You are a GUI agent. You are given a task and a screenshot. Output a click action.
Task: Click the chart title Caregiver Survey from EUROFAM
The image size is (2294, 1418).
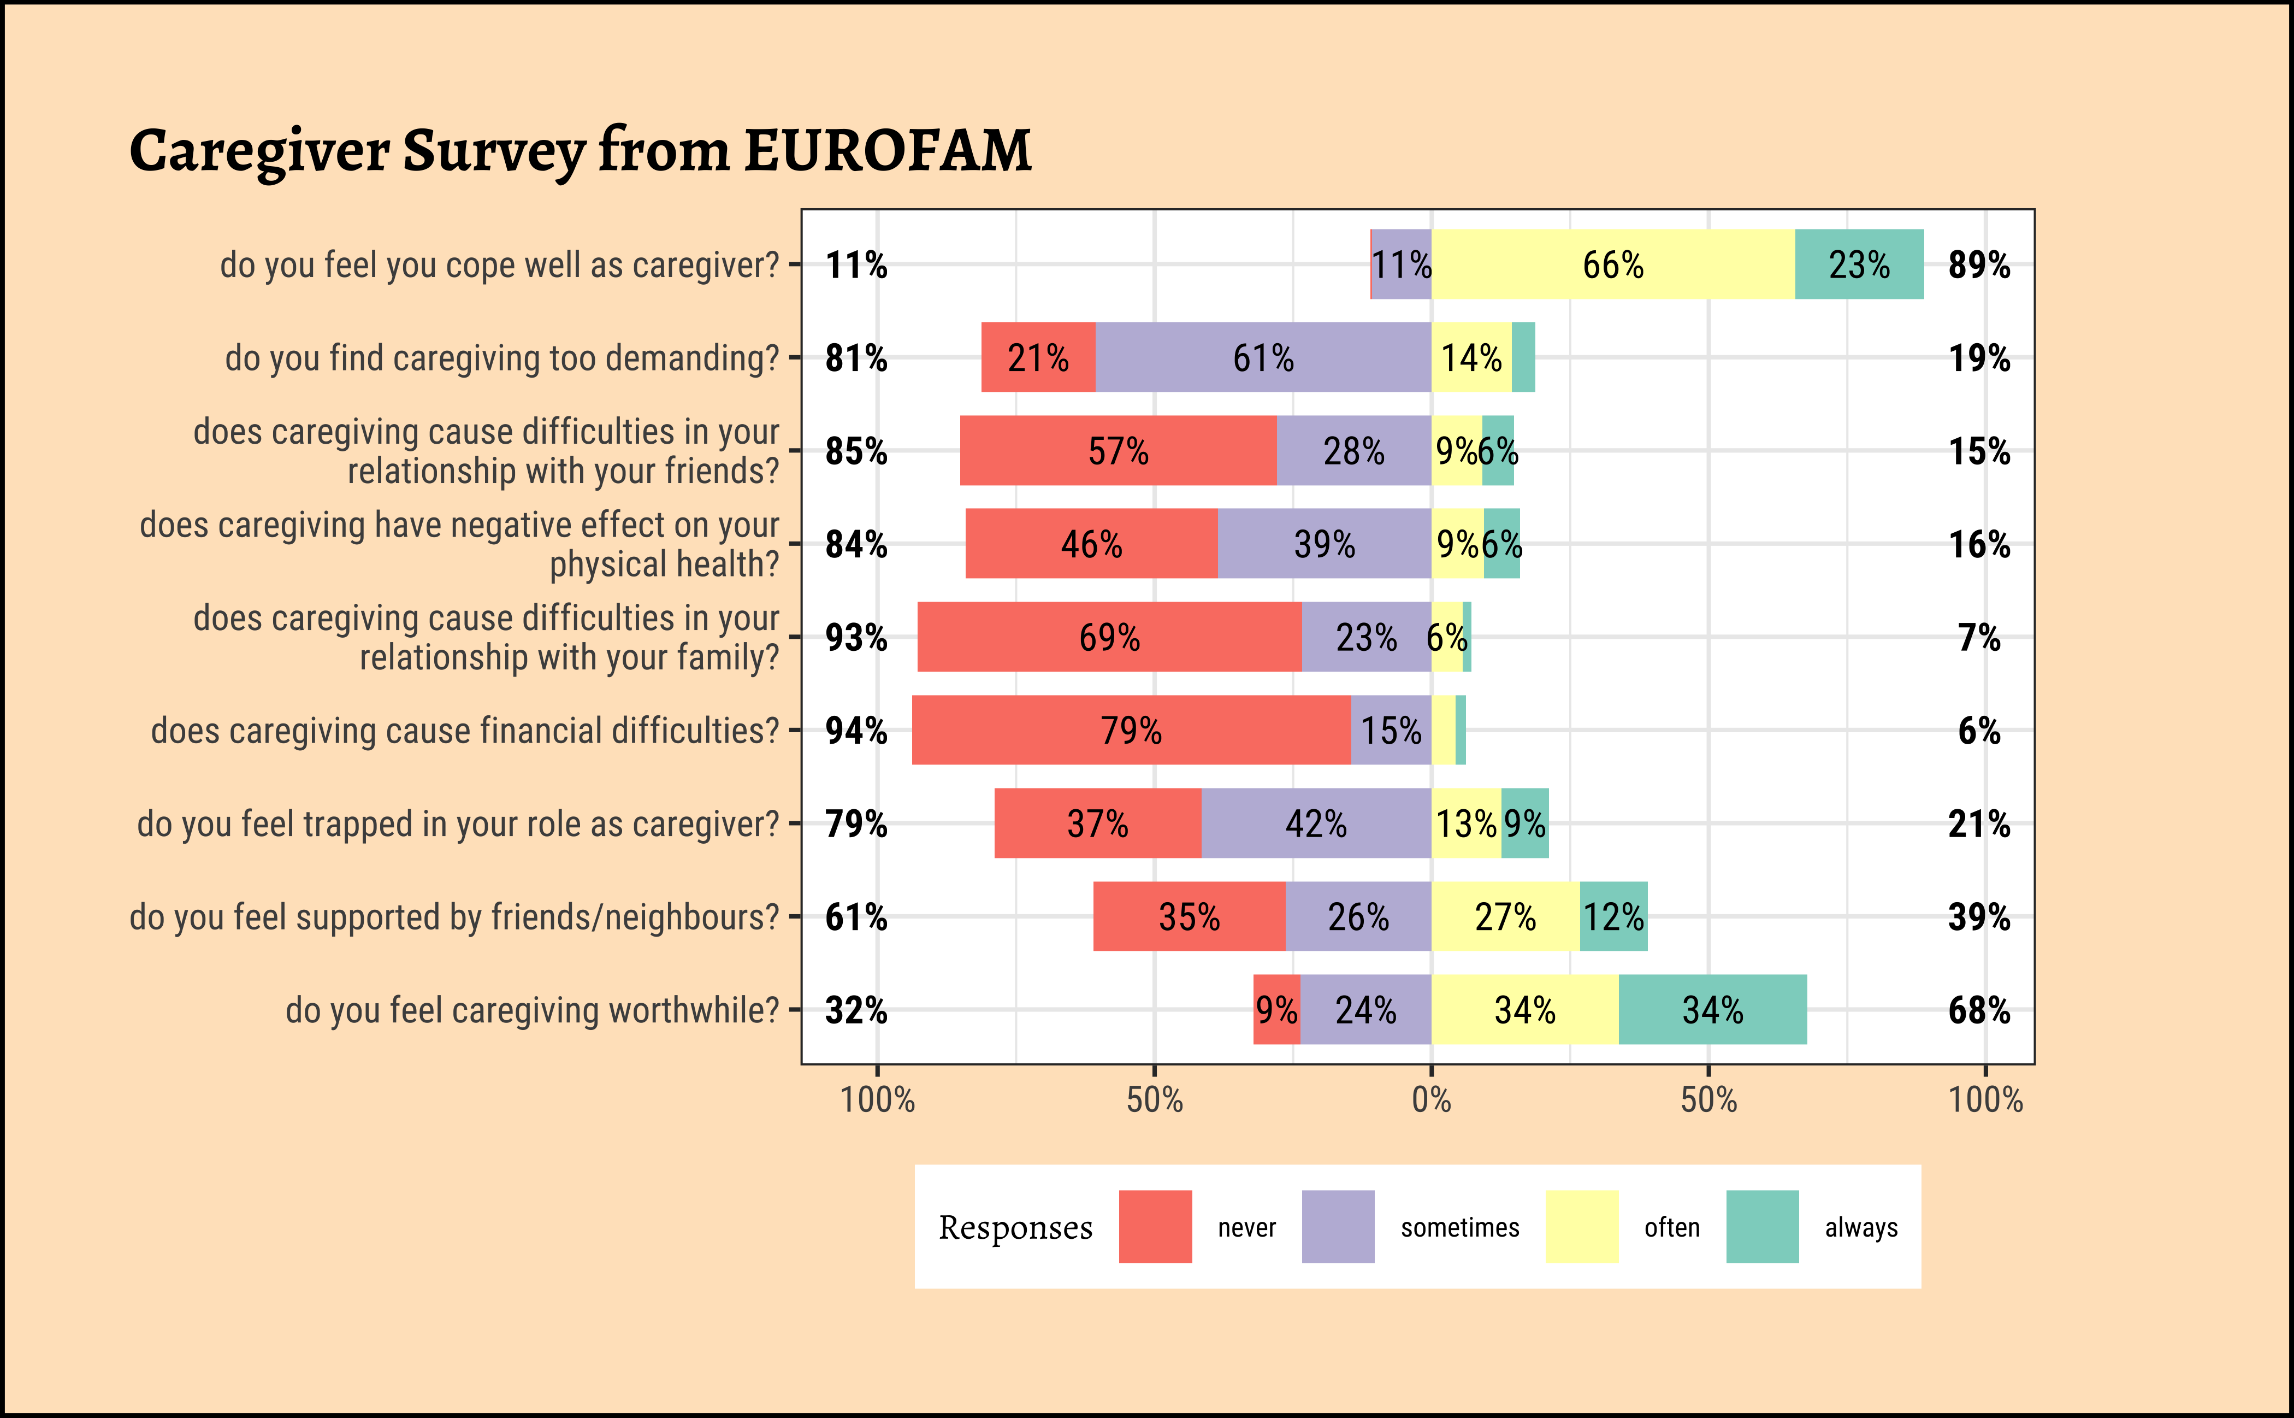tap(580, 150)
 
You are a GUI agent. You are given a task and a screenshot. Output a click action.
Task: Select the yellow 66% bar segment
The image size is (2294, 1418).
tap(1612, 264)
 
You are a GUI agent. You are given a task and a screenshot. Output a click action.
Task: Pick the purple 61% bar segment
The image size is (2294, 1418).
tap(1263, 357)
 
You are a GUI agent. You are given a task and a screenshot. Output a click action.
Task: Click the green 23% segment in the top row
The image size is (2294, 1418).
tap(1859, 264)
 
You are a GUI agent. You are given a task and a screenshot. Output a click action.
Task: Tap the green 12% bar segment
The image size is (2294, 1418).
tap(1613, 916)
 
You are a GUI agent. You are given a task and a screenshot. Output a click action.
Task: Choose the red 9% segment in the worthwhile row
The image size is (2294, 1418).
tap(1276, 1009)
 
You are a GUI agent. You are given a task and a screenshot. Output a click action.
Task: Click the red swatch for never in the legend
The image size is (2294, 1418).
tap(1155, 1227)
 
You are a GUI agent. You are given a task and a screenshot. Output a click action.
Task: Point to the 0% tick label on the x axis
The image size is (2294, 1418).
tap(1432, 1099)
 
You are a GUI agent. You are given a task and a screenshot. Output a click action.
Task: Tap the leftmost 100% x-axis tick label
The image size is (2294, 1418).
tap(878, 1099)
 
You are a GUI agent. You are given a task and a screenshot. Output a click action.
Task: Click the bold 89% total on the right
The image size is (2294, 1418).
tap(1979, 264)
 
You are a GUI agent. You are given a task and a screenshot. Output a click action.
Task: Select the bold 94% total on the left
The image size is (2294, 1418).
tap(856, 729)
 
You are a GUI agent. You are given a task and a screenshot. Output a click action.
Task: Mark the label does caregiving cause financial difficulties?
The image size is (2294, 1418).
tap(465, 729)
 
